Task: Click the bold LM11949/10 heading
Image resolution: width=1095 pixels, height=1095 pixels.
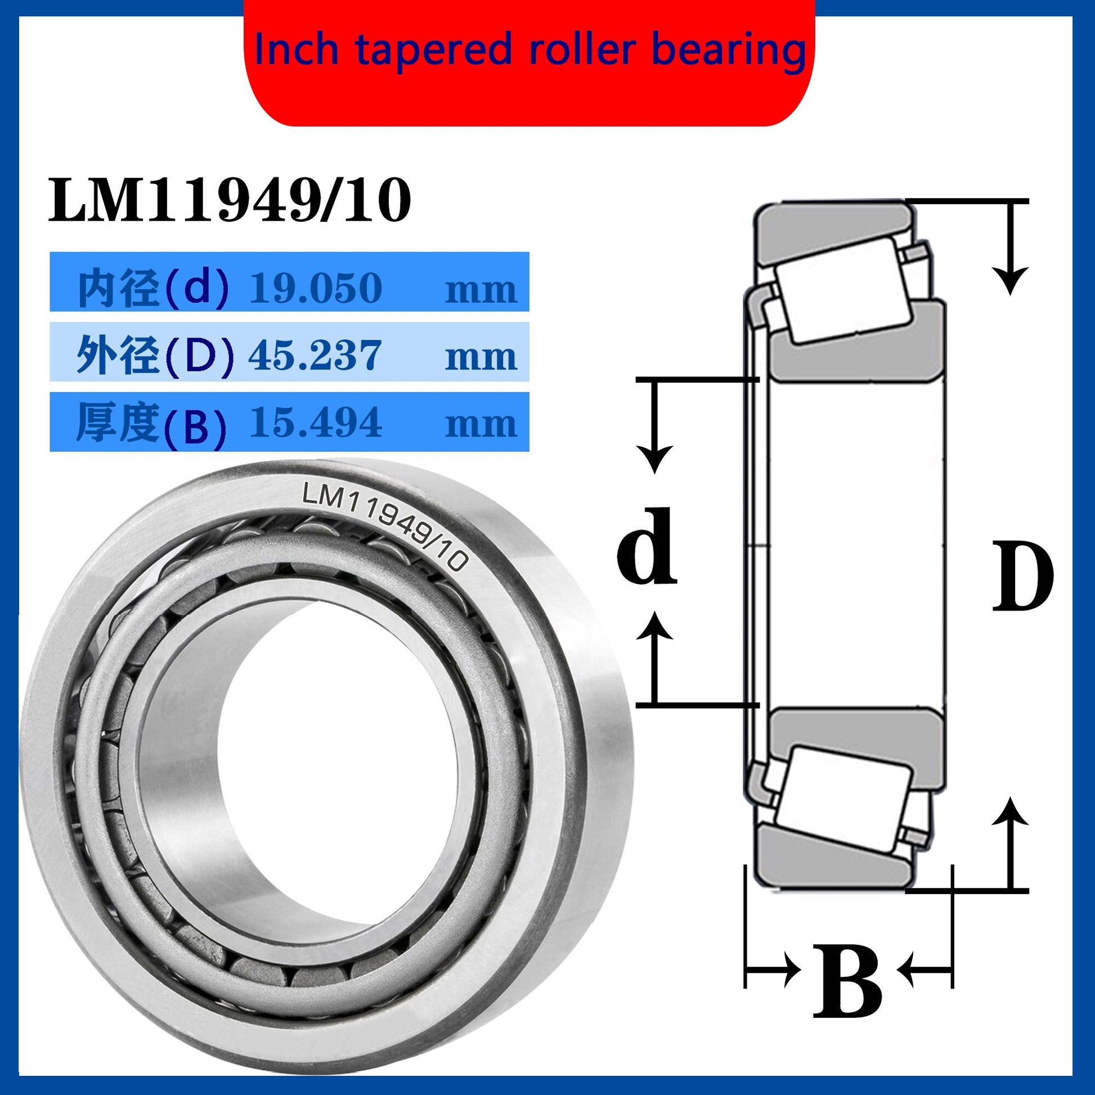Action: [x=230, y=201]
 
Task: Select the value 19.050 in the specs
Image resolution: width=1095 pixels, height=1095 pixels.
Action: [x=316, y=288]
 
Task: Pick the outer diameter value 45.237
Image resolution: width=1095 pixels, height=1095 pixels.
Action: [x=315, y=356]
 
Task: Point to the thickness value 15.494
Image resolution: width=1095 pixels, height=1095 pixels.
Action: [x=316, y=423]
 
